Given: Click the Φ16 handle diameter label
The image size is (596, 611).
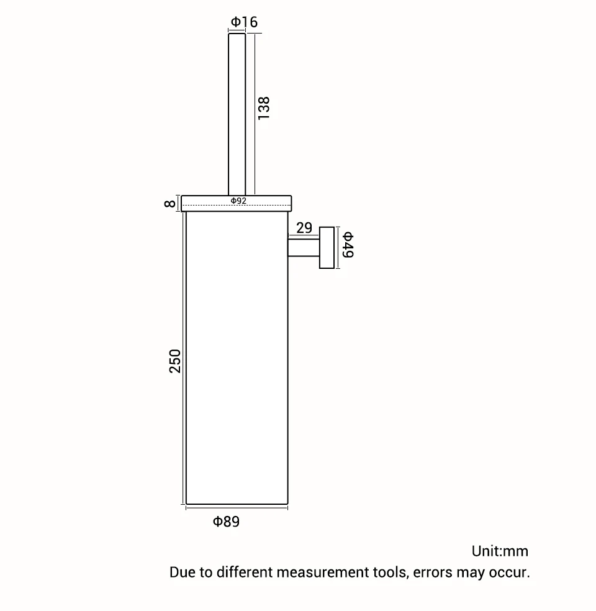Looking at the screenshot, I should (244, 22).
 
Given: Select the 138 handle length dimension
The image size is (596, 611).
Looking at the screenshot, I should (264, 108).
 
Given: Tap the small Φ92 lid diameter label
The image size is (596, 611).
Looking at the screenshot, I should (238, 201).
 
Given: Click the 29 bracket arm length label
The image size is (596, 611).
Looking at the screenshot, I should (304, 228).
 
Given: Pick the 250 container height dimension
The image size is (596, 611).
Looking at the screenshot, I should (175, 361).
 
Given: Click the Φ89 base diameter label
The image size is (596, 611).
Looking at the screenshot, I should (226, 522).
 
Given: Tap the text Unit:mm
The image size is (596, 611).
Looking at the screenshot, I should (500, 551).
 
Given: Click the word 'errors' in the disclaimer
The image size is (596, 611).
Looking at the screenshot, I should (433, 572).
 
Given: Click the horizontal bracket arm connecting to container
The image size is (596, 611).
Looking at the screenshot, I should (304, 248).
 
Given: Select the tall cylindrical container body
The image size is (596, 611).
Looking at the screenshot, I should (237, 360).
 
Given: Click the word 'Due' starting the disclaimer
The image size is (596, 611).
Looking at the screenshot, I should (183, 572).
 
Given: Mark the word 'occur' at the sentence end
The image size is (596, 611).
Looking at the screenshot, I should (508, 572).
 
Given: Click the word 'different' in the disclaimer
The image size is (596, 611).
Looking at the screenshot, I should (245, 572).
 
